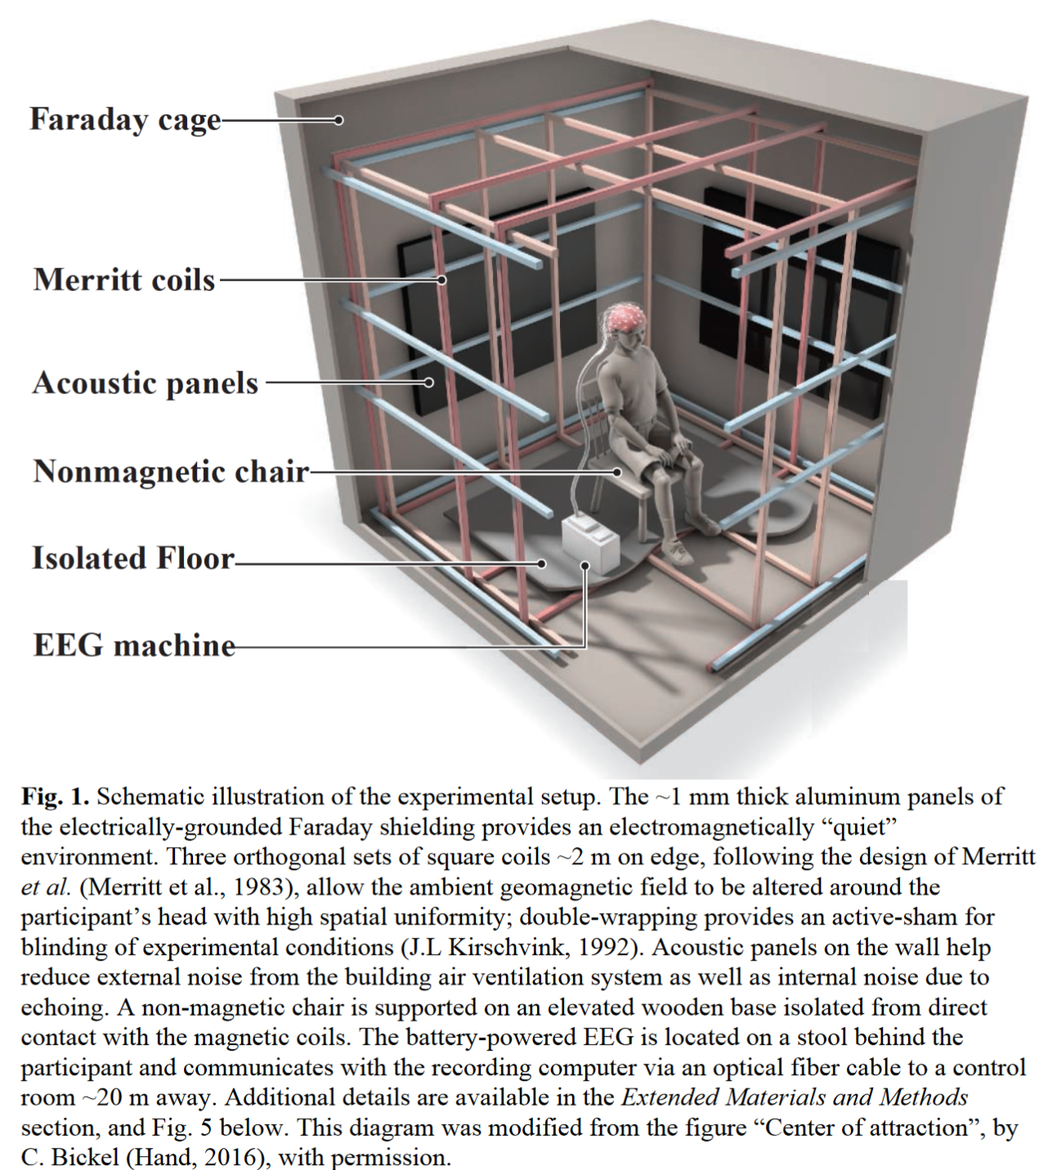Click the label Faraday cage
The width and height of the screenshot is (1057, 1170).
coord(125,119)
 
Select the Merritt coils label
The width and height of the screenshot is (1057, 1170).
coord(124,280)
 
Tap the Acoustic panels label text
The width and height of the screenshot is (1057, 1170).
coord(146,383)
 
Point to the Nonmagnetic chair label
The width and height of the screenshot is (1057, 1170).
coord(171,472)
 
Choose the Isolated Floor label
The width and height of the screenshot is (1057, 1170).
coord(133,558)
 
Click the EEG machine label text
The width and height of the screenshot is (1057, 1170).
coord(134,645)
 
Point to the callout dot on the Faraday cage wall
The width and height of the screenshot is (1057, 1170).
coord(338,120)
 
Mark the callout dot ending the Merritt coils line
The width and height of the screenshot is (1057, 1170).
coord(441,280)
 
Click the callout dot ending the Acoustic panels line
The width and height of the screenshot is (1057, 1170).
coord(428,382)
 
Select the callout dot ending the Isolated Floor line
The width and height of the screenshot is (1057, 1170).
coord(541,563)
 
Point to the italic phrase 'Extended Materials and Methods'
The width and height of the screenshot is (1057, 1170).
coord(795,1097)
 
